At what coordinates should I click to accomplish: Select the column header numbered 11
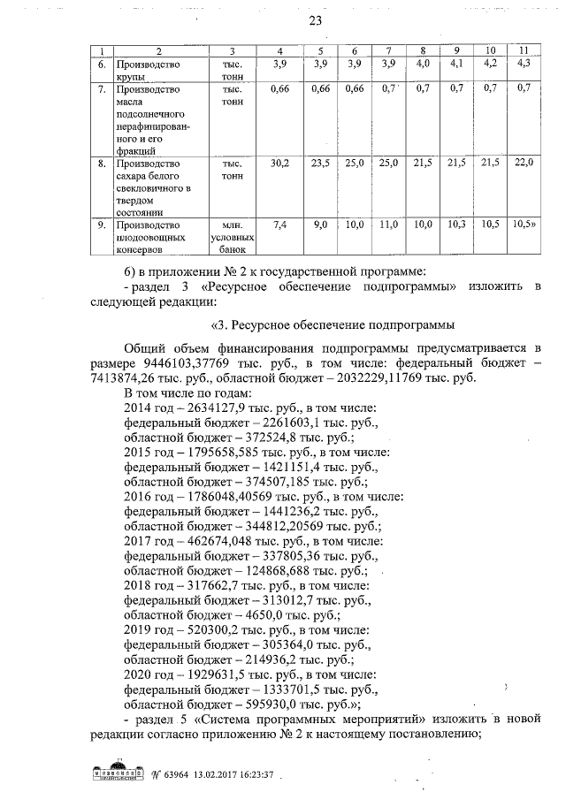(x=524, y=50)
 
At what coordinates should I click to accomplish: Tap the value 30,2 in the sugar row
(x=279, y=164)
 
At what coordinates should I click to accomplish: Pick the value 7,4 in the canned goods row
(x=279, y=225)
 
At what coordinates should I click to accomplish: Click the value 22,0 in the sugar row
(x=524, y=164)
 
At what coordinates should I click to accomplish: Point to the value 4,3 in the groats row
(x=524, y=65)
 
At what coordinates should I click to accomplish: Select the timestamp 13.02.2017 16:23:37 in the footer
(x=227, y=775)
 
